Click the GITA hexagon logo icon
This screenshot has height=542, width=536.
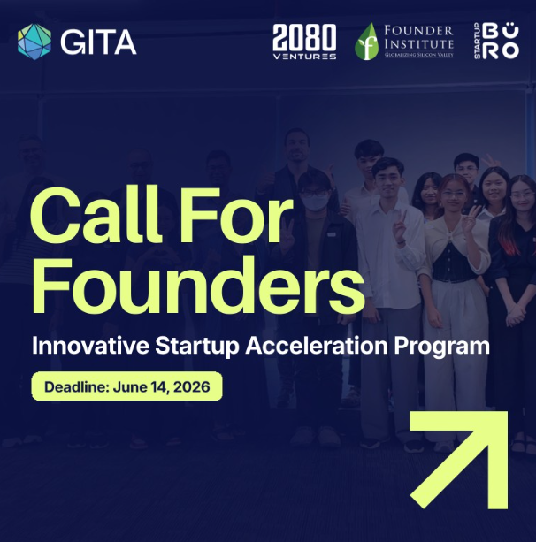34,41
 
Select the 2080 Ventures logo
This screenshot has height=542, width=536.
304,42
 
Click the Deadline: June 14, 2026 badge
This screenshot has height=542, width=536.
126,387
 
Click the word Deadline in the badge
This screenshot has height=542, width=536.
71,387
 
